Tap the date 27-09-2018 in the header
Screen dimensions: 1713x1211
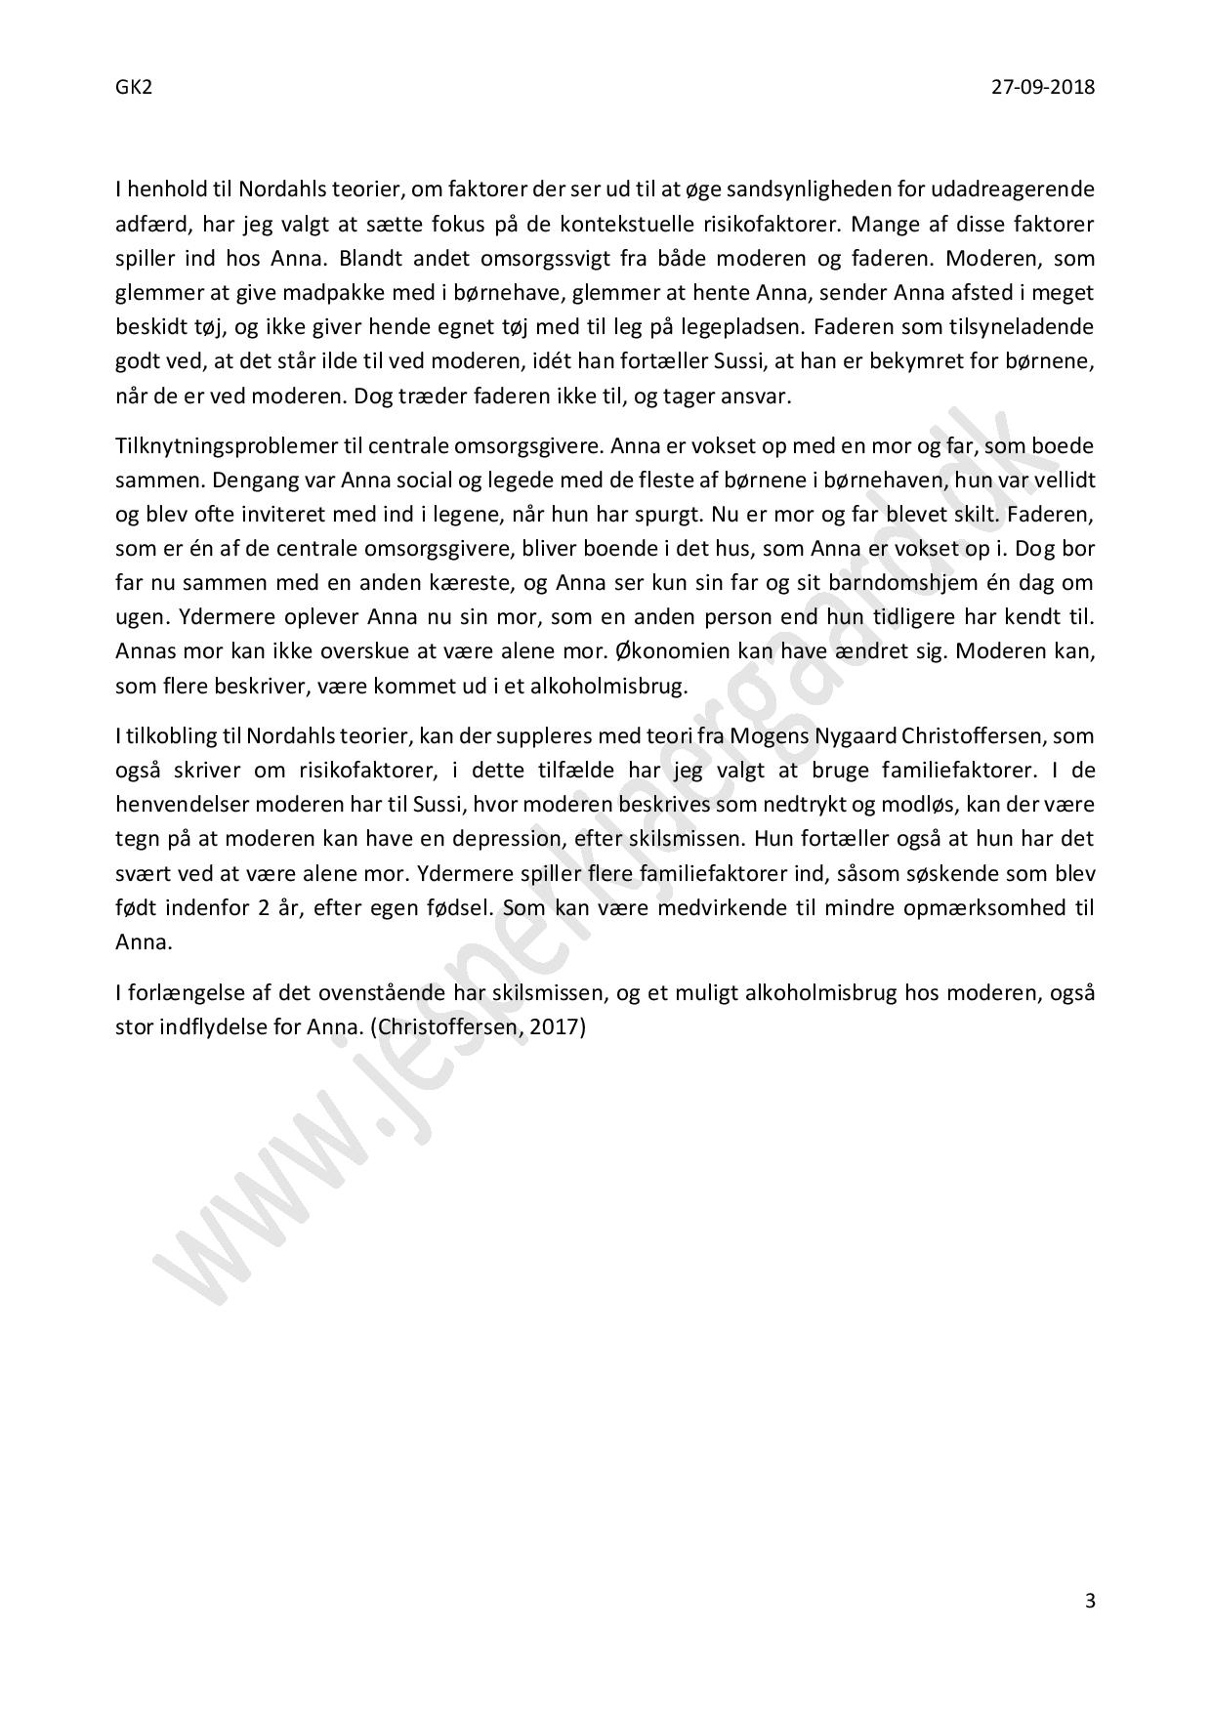[x=1042, y=88]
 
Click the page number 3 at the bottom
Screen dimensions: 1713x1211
[x=1090, y=1601]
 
